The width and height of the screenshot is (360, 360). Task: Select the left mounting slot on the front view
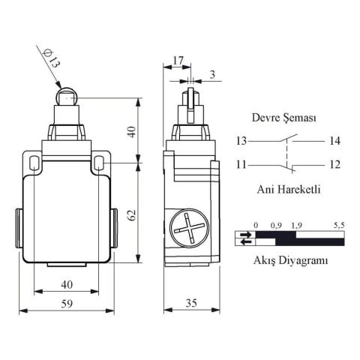[34, 161]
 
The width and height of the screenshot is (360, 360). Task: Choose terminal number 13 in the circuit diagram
[241, 141]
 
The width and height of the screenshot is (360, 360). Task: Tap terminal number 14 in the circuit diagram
[334, 141]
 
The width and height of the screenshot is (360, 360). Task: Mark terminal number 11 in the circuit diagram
[241, 164]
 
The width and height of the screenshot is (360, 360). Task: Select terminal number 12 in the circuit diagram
[334, 164]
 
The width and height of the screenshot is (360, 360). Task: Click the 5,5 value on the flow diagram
[337, 225]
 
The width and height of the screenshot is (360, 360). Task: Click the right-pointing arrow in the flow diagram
[244, 234]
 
